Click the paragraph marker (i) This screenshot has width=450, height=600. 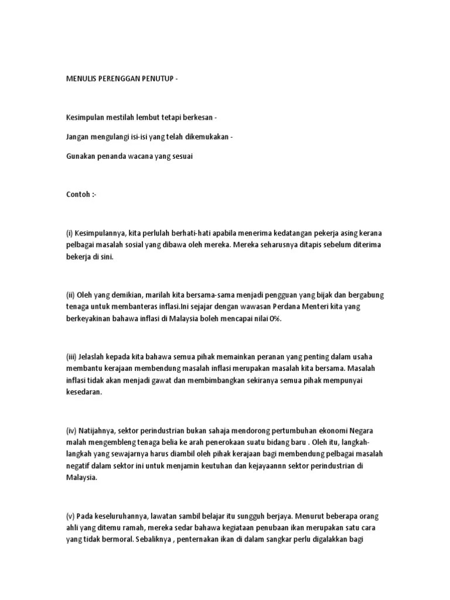(x=69, y=233)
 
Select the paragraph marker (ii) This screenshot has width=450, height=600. (x=70, y=295)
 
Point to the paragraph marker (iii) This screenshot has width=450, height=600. (x=71, y=357)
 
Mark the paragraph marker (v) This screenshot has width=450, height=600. (x=70, y=516)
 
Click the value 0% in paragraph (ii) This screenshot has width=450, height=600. (x=275, y=318)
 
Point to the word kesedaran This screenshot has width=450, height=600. (x=84, y=393)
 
